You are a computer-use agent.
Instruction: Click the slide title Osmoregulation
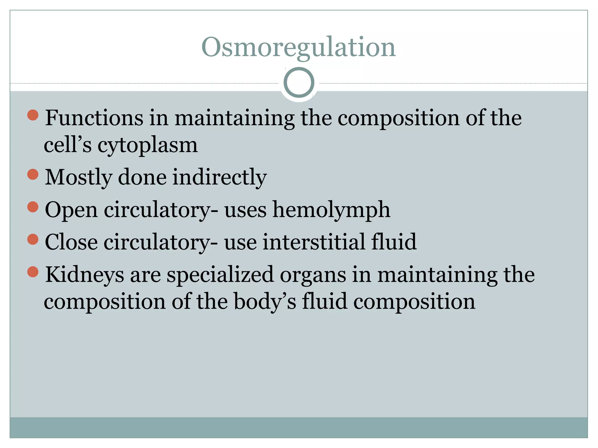[x=298, y=47]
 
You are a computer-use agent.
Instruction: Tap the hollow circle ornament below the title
[x=299, y=83]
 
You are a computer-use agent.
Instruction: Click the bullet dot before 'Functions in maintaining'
[x=33, y=115]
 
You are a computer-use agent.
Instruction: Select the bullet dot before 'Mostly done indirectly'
[x=33, y=174]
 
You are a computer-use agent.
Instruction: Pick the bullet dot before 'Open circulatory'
[x=33, y=207]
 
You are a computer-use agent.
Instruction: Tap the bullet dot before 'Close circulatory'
[x=33, y=239]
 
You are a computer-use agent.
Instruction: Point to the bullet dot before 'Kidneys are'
[x=33, y=272]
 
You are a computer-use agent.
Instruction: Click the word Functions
[x=94, y=118]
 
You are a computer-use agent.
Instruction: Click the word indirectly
[x=219, y=177]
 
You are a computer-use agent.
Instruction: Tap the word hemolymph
[x=331, y=210]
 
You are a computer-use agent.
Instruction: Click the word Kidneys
[x=84, y=275]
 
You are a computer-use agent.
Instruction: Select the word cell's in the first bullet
[x=67, y=145]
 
